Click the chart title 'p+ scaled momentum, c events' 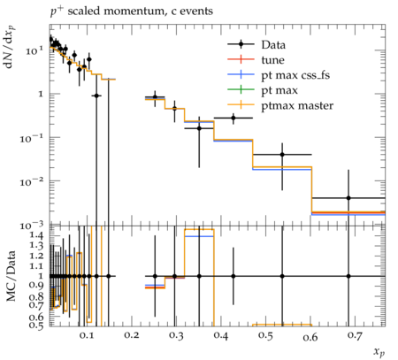pos(132,11)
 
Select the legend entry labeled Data pos(273,45)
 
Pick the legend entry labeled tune pos(272,60)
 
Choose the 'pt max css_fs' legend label pos(295,75)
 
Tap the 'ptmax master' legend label pos(297,105)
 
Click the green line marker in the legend pos(241,89)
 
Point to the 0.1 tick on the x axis pos(87,335)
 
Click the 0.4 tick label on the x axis pos(221,335)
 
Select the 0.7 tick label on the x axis pos(356,335)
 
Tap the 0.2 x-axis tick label pos(132,335)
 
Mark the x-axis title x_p pos(379,352)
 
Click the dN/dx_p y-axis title pos(10,48)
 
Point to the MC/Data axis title pos(11,276)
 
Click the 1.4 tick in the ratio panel pos(36,235)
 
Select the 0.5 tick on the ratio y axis pos(36,325)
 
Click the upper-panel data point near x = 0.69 pos(348,198)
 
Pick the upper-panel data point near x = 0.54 pos(282,155)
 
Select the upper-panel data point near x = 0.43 pos(233,118)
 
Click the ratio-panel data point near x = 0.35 pos(199,276)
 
